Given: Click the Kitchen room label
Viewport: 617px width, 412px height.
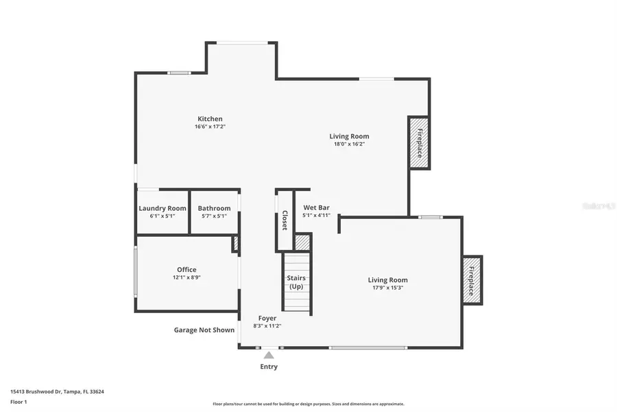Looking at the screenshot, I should click(x=210, y=119).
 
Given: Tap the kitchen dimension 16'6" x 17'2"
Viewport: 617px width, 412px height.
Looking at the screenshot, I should click(x=210, y=127).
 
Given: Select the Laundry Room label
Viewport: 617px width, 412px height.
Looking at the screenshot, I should click(x=162, y=208).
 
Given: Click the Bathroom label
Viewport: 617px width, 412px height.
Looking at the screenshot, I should click(x=214, y=208).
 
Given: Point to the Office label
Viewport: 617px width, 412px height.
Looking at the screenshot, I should click(x=186, y=270).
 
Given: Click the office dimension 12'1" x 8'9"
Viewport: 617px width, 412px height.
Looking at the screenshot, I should click(x=186, y=278).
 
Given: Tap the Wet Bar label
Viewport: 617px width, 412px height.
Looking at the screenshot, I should click(x=316, y=207).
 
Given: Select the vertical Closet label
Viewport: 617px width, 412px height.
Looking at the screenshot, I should click(x=285, y=220).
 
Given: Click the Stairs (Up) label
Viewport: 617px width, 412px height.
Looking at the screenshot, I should click(x=296, y=282).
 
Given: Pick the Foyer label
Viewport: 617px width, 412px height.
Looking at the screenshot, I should click(x=267, y=318).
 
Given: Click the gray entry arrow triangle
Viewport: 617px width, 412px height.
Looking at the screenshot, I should click(x=269, y=355).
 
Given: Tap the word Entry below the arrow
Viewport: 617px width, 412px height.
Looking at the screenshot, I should click(x=269, y=367).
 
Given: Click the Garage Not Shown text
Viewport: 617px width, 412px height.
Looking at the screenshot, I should click(x=204, y=330).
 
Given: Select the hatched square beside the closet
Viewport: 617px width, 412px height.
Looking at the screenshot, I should click(x=302, y=242).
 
